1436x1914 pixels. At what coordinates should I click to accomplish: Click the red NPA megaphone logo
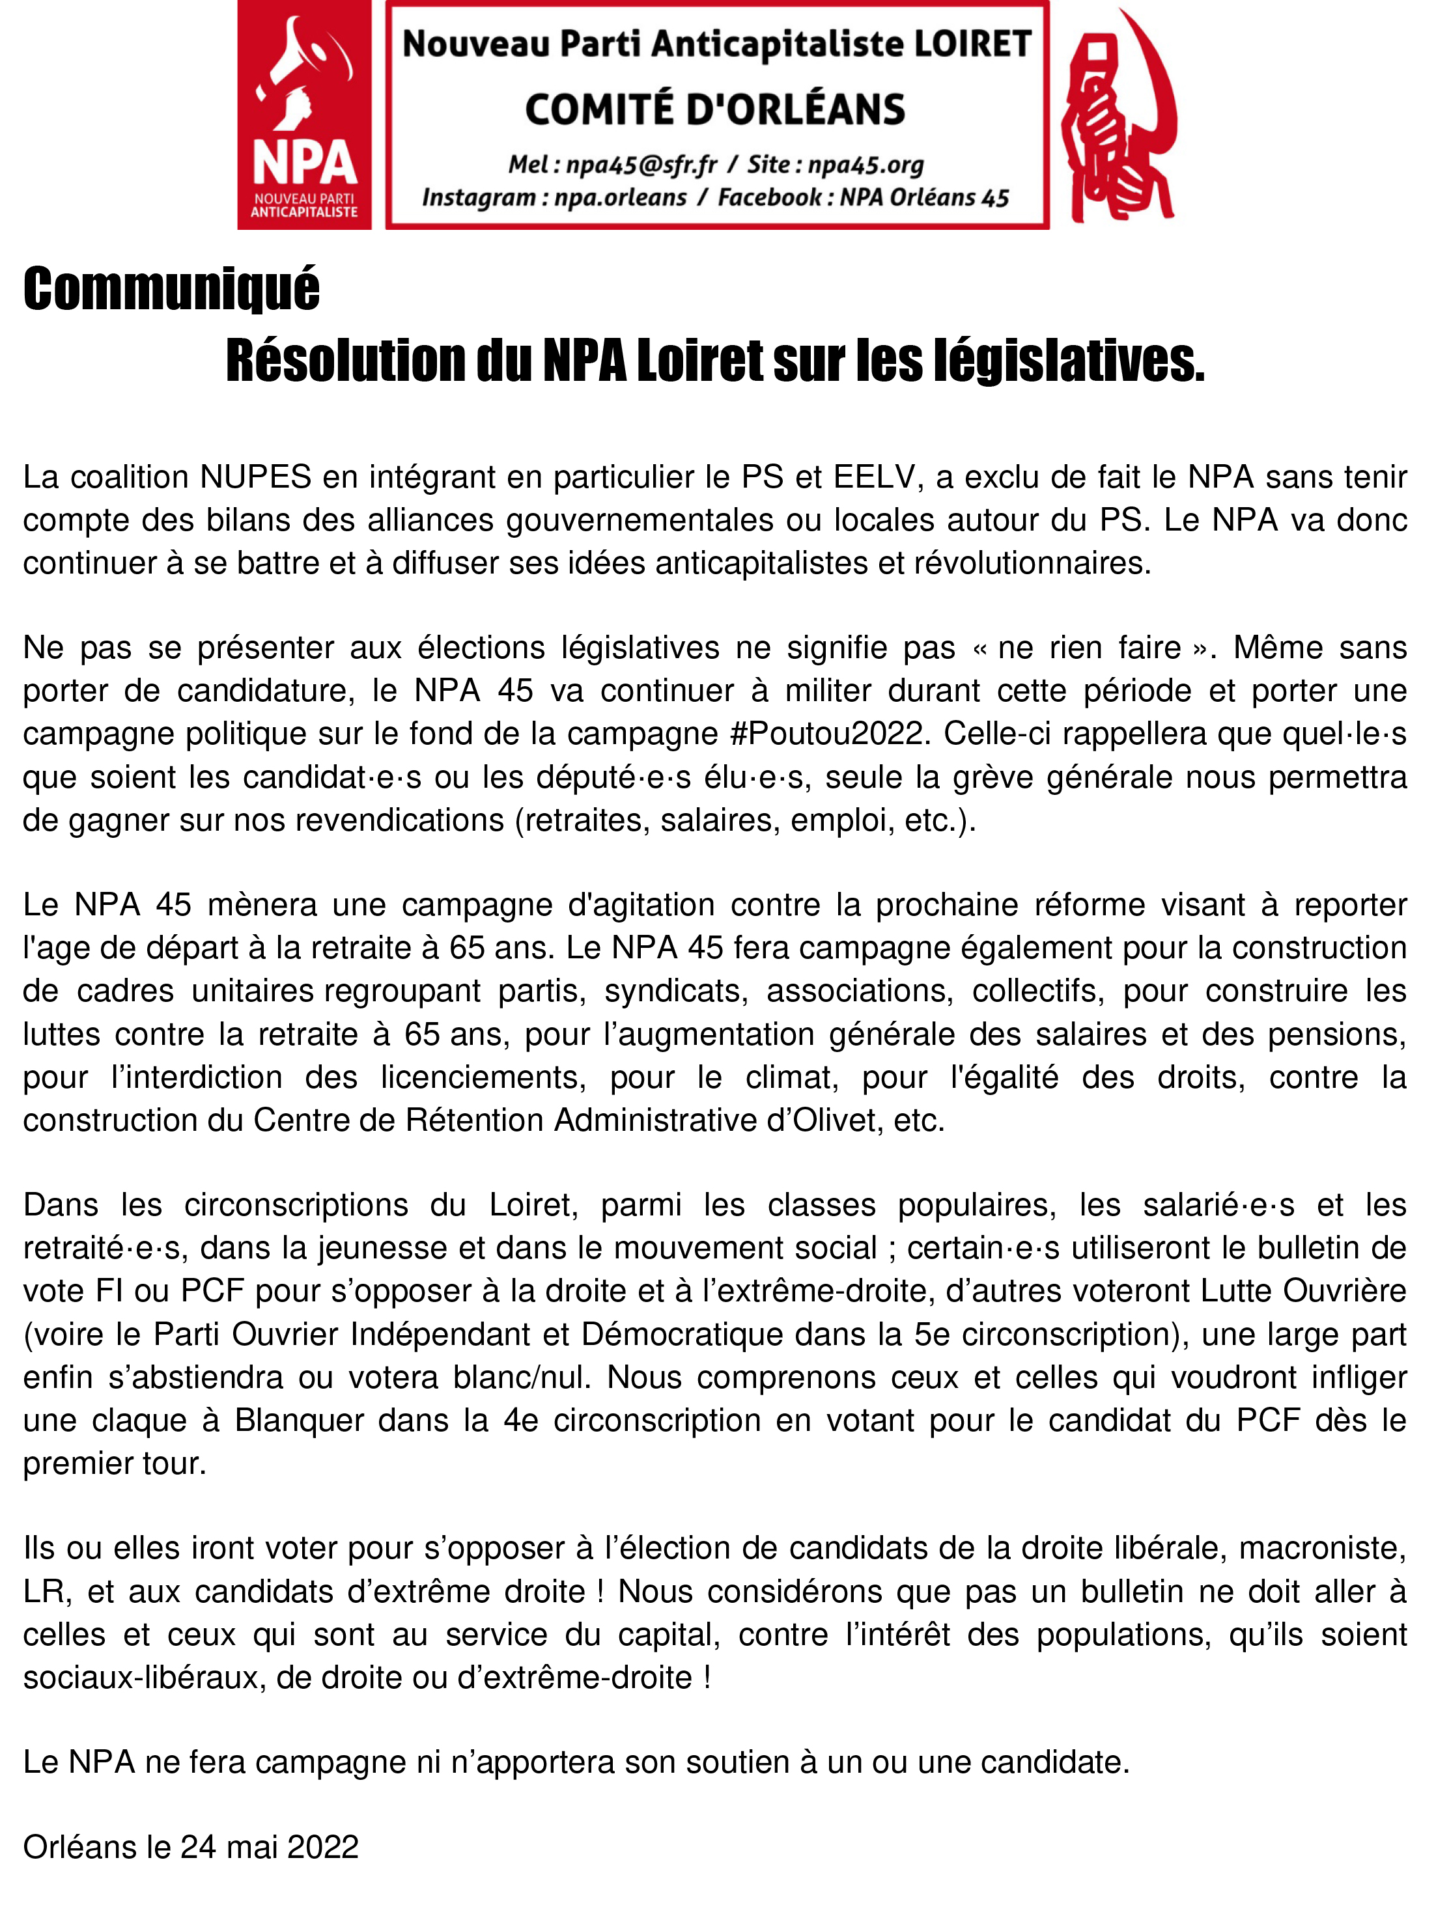pyautogui.click(x=304, y=115)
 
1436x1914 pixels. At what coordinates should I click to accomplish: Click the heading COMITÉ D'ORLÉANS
pyautogui.click(x=715, y=110)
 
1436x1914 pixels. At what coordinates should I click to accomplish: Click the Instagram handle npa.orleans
pyautogui.click(x=620, y=197)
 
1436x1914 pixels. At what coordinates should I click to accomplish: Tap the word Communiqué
pyautogui.click(x=171, y=289)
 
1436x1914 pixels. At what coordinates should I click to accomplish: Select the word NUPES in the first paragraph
pyautogui.click(x=255, y=477)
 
